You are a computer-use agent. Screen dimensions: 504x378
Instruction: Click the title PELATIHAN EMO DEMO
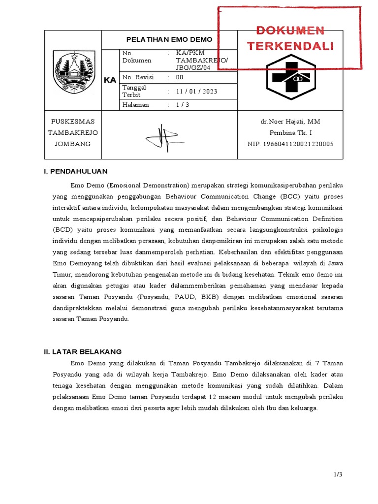(x=169, y=39)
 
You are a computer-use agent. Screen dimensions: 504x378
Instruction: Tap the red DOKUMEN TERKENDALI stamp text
(x=290, y=38)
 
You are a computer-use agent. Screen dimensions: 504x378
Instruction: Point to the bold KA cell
(x=110, y=80)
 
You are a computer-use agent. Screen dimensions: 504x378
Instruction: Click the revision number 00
(x=180, y=77)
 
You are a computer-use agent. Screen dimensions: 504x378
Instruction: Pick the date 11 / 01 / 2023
(x=196, y=91)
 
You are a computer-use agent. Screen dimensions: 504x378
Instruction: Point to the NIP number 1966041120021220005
(x=290, y=144)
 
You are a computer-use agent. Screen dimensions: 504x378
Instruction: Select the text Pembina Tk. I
(x=290, y=133)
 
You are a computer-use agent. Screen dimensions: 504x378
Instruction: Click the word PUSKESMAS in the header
(x=73, y=122)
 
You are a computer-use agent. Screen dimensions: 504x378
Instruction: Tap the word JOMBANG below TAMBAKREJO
(x=73, y=144)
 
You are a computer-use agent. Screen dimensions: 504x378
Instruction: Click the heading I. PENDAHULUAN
(x=76, y=171)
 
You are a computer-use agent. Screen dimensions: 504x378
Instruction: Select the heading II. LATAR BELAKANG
(x=83, y=351)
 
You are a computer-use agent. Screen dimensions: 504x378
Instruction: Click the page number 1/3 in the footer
(x=337, y=474)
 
